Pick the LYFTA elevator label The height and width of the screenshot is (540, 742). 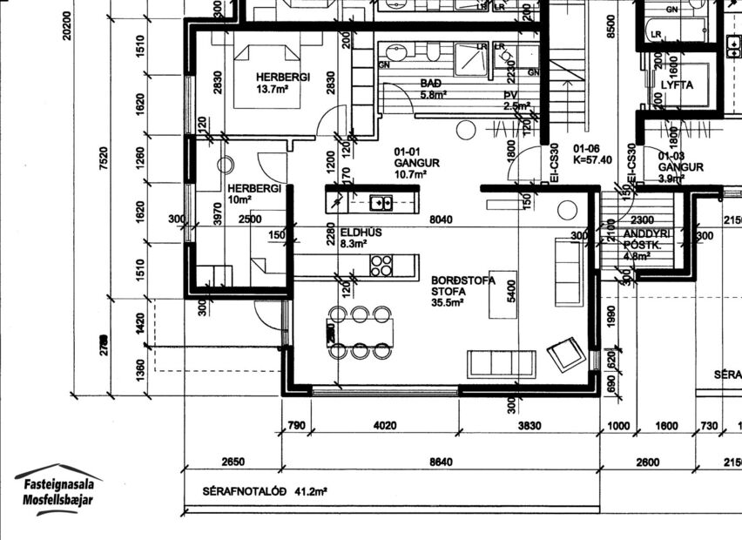point(676,84)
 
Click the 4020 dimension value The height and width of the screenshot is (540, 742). point(384,426)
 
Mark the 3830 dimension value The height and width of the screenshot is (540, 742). point(530,426)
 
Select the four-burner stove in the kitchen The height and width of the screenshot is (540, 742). point(381,265)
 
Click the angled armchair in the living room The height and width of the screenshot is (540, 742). point(566,353)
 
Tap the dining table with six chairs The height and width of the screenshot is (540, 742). point(360,332)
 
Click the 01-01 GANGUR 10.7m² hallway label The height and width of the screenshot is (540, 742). point(415,162)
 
